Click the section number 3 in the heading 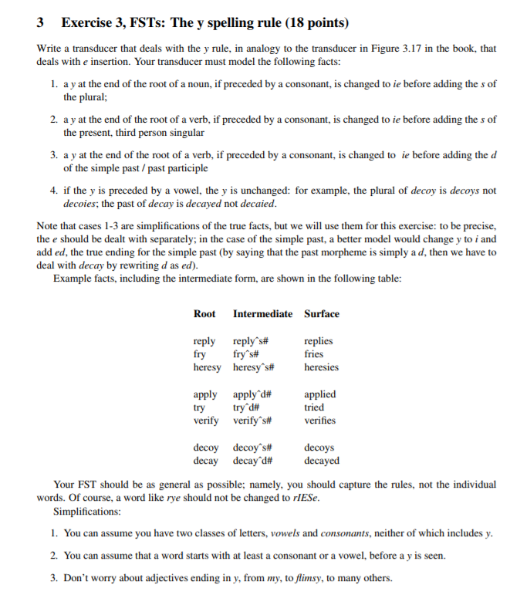pyautogui.click(x=40, y=23)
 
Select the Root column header pyautogui.click(x=204, y=313)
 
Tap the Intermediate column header pyautogui.click(x=262, y=313)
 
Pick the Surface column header pyautogui.click(x=322, y=313)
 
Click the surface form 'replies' pyautogui.click(x=319, y=341)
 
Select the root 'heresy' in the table pyautogui.click(x=207, y=367)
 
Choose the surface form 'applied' pyautogui.click(x=320, y=394)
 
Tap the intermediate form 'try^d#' pyautogui.click(x=246, y=407)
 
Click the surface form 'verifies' pyautogui.click(x=320, y=421)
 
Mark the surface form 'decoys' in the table pyautogui.click(x=319, y=448)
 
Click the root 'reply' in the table pyautogui.click(x=204, y=341)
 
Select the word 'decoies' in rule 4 pyautogui.click(x=79, y=204)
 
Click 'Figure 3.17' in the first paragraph pyautogui.click(x=399, y=48)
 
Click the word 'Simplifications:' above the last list pyautogui.click(x=86, y=512)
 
